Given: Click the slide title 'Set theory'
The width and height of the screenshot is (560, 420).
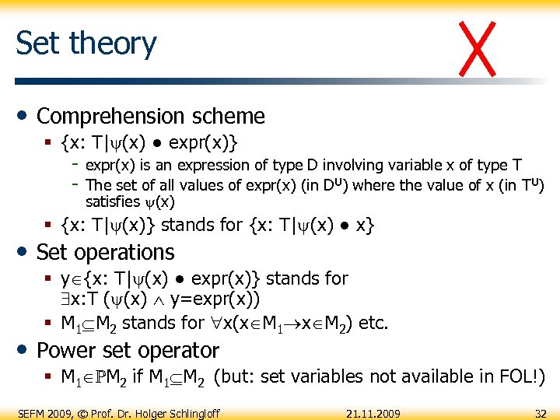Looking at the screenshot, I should [86, 44].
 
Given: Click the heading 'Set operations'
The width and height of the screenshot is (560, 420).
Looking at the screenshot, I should [106, 252].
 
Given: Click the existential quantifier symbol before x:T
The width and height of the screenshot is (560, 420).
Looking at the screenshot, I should [65, 299].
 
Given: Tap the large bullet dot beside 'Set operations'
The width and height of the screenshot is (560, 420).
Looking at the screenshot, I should [23, 252].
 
